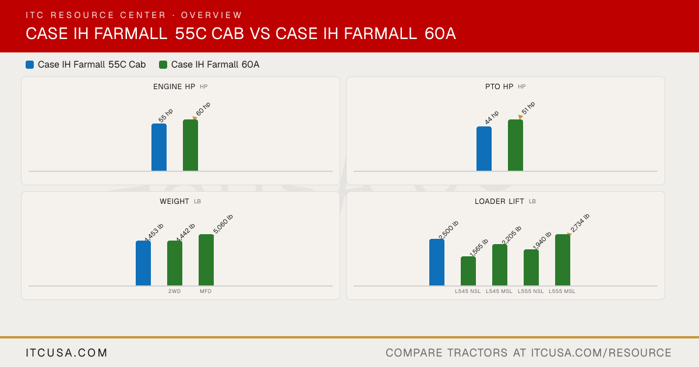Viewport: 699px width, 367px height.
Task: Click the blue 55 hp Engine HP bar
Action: (159, 147)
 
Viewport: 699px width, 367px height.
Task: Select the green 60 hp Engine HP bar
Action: (190, 145)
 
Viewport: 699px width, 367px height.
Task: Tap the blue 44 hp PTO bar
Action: (484, 149)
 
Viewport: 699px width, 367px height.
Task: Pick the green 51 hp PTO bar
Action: (516, 145)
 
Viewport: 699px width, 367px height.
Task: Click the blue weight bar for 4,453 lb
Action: (143, 263)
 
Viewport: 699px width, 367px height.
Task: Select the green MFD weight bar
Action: (206, 260)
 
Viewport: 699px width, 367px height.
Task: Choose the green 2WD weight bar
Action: (175, 263)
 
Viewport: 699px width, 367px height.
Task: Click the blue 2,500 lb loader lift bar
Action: (437, 262)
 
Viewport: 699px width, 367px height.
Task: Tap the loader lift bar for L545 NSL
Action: (468, 271)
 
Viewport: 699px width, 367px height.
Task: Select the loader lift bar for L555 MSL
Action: (563, 260)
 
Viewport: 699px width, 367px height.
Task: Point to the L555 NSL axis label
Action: (531, 291)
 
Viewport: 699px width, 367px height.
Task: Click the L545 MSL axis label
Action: (499, 291)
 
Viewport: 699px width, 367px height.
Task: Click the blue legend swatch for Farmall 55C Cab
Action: (30, 65)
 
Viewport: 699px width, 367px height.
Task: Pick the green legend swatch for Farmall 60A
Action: (163, 65)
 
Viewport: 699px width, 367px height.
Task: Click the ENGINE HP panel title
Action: (174, 87)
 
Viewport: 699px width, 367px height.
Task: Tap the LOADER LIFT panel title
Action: (499, 202)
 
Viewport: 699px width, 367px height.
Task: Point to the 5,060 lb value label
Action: (223, 224)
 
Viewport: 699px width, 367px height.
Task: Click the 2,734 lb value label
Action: (580, 223)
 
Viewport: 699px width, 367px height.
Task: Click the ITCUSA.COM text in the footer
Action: (66, 353)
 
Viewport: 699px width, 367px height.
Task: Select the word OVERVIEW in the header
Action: (211, 15)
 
